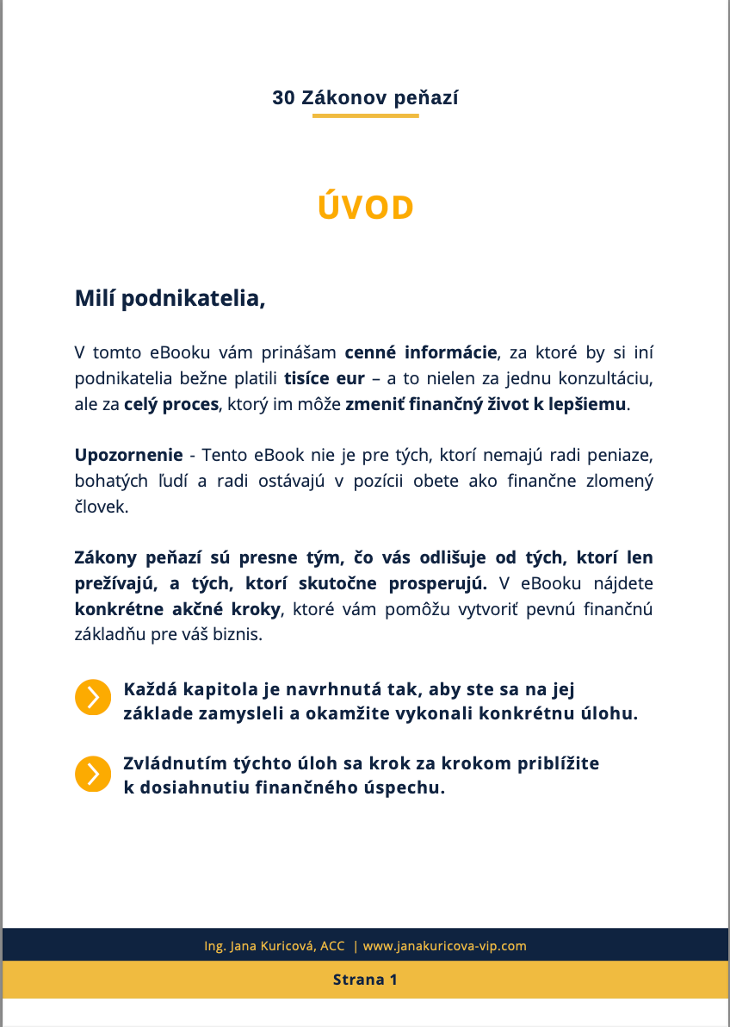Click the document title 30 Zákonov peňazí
tap(365, 98)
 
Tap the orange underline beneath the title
tap(365, 115)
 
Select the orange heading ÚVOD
tap(366, 208)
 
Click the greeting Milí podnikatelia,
tap(170, 299)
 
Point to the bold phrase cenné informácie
tap(421, 352)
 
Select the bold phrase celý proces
tap(171, 404)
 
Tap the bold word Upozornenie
tap(128, 455)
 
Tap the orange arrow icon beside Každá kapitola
tap(93, 697)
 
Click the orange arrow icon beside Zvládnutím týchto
tap(93, 774)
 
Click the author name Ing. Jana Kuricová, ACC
tap(274, 946)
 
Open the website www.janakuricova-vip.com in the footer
tap(444, 946)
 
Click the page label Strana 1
tap(365, 980)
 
